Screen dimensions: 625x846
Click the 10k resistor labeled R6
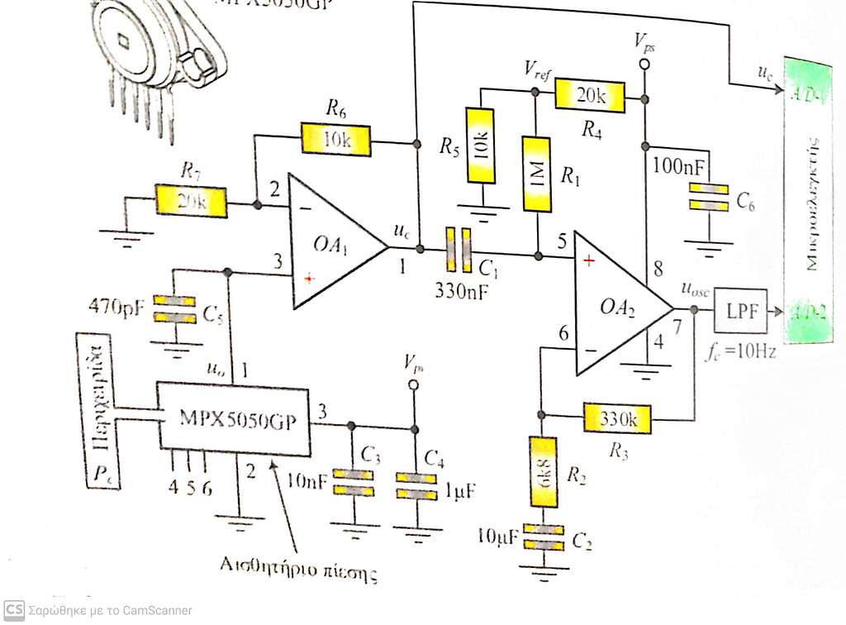click(336, 139)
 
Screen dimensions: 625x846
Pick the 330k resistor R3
click(618, 417)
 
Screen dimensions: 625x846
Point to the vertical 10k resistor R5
click(481, 146)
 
